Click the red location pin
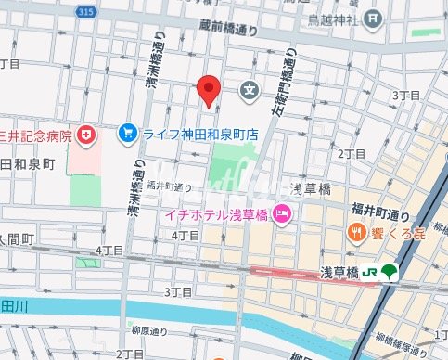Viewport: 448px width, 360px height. pyautogui.click(x=209, y=89)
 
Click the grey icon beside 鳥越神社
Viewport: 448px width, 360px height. pyautogui.click(x=373, y=18)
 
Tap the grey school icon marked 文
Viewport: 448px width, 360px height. pyautogui.click(x=250, y=90)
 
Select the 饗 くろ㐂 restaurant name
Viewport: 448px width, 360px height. pyautogui.click(x=398, y=231)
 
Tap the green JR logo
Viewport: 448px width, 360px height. pyautogui.click(x=369, y=272)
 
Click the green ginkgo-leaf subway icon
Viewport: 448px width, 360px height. pyautogui.click(x=389, y=272)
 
